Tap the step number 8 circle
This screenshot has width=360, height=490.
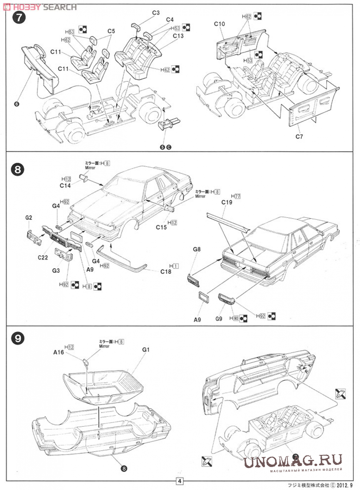(x=18, y=170)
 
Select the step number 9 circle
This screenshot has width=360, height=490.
(x=18, y=338)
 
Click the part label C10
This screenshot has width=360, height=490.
(x=219, y=24)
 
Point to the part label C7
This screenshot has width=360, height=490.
(x=299, y=136)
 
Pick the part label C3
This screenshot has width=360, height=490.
(x=156, y=13)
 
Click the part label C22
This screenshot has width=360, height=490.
(x=43, y=258)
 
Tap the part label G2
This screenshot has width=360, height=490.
(x=29, y=218)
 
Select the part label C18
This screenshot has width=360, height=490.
(x=166, y=271)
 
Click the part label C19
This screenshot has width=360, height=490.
(x=227, y=202)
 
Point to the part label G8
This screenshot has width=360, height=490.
(x=197, y=249)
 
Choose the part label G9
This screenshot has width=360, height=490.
(x=219, y=319)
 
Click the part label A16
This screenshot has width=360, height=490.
(x=59, y=352)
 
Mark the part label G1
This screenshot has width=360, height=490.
(x=146, y=350)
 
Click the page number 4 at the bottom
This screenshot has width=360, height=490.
(x=179, y=481)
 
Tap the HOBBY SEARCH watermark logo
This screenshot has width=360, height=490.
(x=40, y=7)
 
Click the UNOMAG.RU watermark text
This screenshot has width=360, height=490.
(x=293, y=461)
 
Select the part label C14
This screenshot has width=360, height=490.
(x=65, y=185)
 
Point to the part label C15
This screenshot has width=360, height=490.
(x=161, y=227)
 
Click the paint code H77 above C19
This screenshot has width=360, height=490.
(x=235, y=196)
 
